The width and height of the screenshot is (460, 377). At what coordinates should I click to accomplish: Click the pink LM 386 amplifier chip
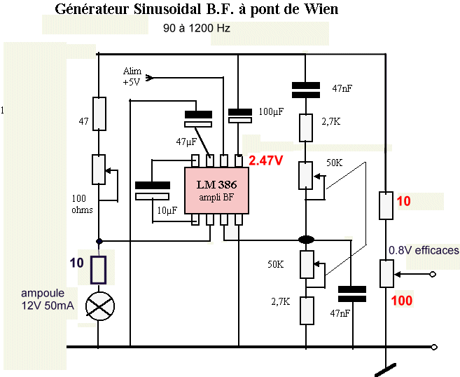(x=215, y=189)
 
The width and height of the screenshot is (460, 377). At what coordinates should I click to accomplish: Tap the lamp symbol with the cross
(x=99, y=304)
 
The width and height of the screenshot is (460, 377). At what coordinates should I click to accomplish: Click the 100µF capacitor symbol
(x=240, y=115)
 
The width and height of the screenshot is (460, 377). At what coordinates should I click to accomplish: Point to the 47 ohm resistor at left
(x=99, y=114)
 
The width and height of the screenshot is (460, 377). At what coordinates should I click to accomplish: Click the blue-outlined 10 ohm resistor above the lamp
(x=99, y=268)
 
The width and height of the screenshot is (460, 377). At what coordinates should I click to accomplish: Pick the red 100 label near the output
(x=402, y=301)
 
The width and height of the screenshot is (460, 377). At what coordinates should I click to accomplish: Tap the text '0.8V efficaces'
(x=424, y=250)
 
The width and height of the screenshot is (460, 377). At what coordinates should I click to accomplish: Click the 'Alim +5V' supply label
(x=132, y=76)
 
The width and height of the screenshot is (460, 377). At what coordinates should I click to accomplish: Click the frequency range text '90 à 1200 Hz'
(x=197, y=29)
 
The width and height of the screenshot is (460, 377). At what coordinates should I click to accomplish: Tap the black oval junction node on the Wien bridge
(x=306, y=240)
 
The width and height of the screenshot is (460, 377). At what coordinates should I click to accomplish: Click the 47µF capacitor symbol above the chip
(x=197, y=119)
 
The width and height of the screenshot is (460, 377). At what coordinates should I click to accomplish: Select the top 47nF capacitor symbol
(x=306, y=89)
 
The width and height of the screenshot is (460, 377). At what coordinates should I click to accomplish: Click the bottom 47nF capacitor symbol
(x=351, y=294)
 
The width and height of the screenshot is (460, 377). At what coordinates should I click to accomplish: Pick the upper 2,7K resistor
(x=306, y=128)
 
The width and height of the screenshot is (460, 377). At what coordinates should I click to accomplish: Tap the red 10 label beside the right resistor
(x=403, y=201)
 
